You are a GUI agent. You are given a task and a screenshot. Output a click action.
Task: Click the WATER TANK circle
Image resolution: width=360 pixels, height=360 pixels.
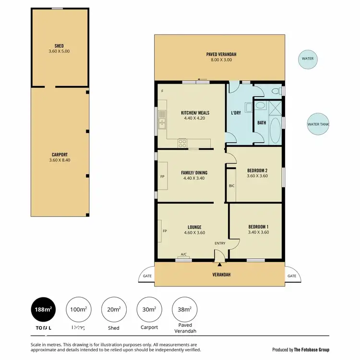tap(318, 124)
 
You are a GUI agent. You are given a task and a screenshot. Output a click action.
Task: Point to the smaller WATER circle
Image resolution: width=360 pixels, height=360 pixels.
tap(307, 59)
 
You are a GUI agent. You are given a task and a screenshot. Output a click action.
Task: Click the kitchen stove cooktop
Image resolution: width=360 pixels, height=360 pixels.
tap(182, 142)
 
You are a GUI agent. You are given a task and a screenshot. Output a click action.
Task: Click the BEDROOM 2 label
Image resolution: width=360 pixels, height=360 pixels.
tap(257, 170)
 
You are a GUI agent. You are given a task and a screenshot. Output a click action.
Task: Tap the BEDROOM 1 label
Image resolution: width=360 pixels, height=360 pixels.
tap(258, 227)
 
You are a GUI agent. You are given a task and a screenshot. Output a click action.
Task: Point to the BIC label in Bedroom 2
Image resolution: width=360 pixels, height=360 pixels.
tap(231, 185)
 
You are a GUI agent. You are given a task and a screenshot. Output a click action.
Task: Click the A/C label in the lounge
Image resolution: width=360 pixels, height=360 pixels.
tap(183, 254)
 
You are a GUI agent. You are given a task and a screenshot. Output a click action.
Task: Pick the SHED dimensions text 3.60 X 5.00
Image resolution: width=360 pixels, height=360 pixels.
tap(60, 51)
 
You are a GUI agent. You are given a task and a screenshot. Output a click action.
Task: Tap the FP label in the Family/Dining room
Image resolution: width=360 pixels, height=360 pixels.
tap(162, 176)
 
